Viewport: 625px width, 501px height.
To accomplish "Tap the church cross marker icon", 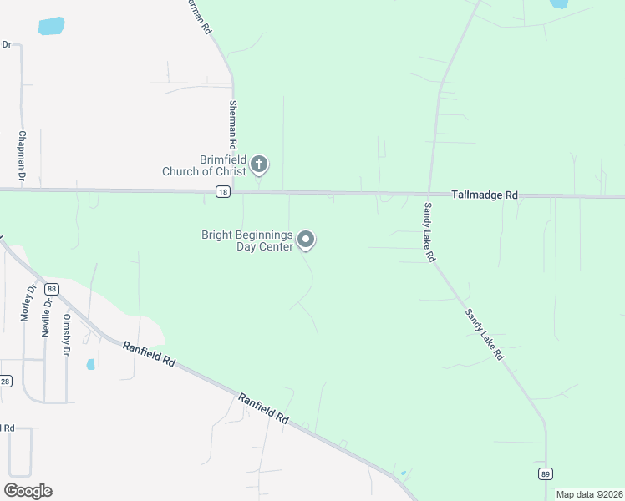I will point(259,164).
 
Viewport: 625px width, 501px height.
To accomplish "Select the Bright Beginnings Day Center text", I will point(247,240).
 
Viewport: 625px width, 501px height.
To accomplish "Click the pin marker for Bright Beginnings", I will point(307,240).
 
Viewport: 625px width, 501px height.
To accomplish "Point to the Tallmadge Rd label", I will point(485,195).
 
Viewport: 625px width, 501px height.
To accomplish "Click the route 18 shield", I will point(221,193).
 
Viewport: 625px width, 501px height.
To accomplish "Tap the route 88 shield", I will point(53,288).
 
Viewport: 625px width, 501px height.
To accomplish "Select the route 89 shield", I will point(546,473).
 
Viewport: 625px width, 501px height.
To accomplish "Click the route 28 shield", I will point(5,382).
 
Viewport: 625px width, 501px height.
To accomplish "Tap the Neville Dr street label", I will point(46,316).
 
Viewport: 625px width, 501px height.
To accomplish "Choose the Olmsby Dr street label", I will point(66,334).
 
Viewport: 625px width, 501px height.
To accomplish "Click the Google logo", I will point(28,490).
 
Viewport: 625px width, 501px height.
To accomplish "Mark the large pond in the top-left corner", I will point(51,26).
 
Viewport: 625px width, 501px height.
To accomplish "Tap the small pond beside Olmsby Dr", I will point(90,364).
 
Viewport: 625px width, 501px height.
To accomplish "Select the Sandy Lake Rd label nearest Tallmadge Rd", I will point(429,233).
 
